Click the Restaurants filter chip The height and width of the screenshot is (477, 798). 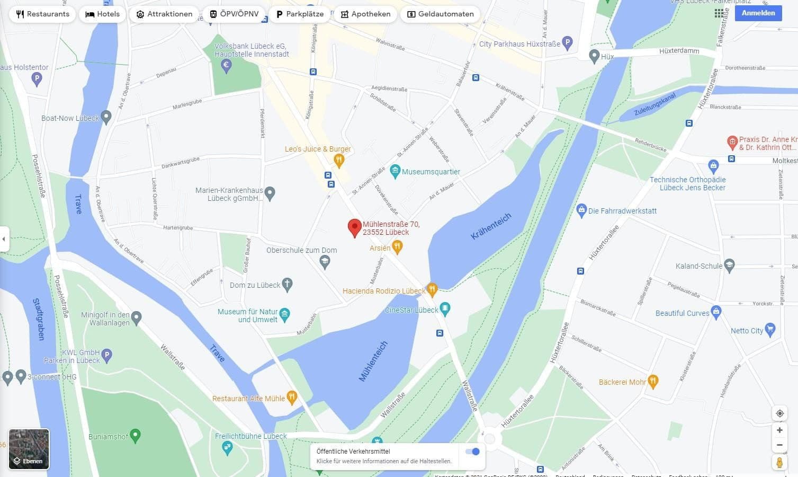coord(42,14)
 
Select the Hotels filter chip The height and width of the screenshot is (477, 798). coord(103,14)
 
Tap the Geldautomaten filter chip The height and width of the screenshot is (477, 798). coord(440,14)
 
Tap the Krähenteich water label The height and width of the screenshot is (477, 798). coord(491,226)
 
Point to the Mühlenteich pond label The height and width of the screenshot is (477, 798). coord(373,361)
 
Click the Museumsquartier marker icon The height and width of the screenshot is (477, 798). coord(395,171)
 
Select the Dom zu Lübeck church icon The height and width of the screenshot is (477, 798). coord(287,285)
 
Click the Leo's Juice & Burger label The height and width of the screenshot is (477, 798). coord(318,149)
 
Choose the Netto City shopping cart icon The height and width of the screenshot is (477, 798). coord(770,330)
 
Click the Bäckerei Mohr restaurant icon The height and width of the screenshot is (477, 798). coord(653,381)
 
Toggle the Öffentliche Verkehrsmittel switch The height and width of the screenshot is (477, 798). coord(472,452)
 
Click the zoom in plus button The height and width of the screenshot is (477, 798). coord(779,430)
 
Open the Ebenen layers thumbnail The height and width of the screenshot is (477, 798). coord(29,449)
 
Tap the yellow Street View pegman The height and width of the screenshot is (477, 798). coord(779,463)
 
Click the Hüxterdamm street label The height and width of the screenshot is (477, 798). coord(679,51)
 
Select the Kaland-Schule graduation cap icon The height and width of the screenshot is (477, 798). coord(729,265)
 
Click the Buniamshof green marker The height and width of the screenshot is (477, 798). coord(135,436)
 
